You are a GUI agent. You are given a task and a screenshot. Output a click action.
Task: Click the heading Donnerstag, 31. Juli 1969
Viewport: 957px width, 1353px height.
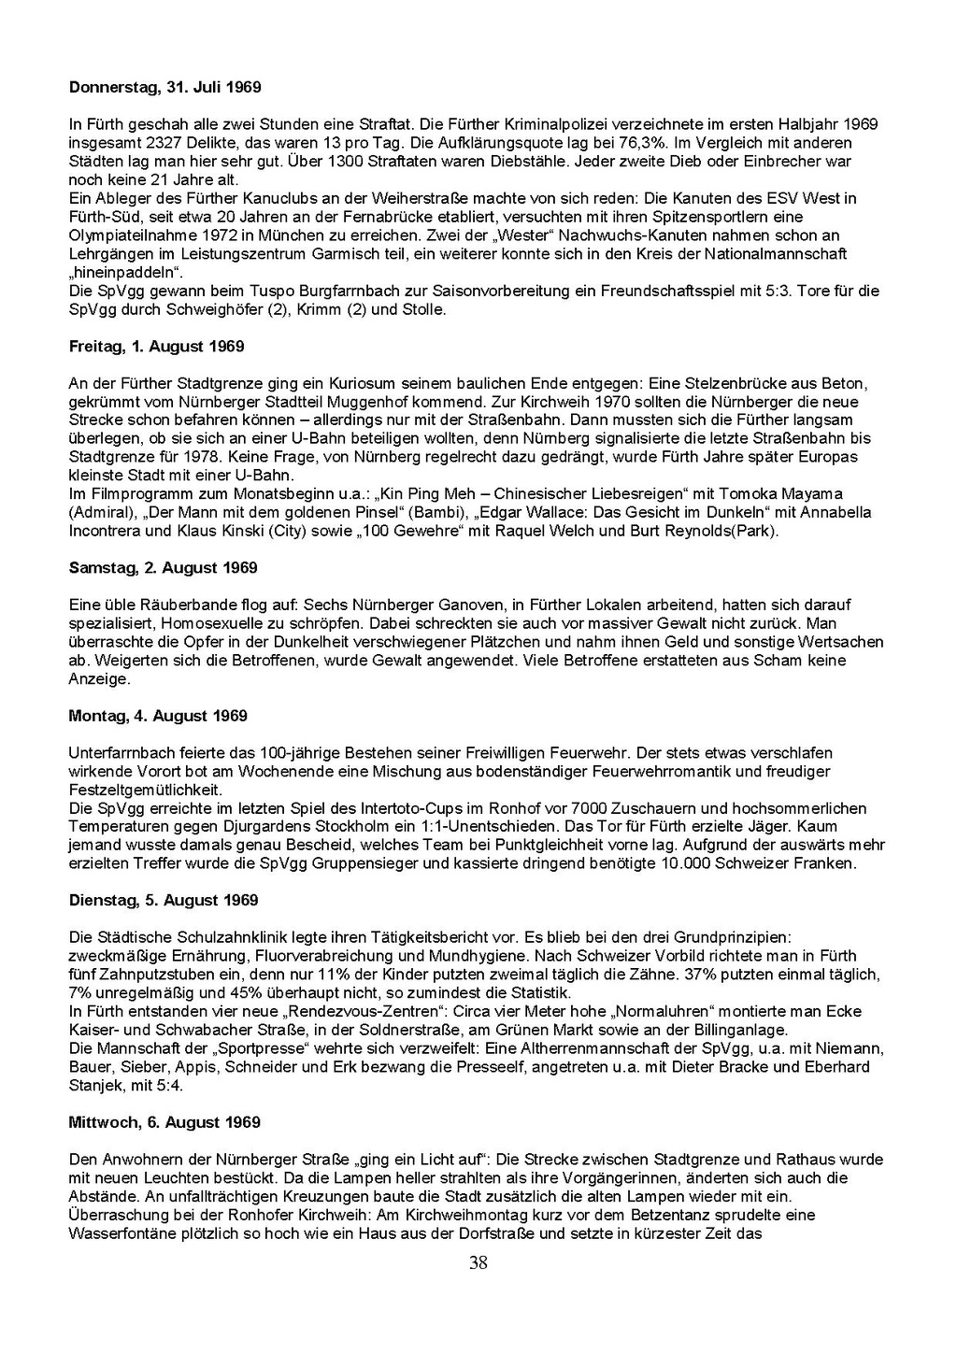[164, 88]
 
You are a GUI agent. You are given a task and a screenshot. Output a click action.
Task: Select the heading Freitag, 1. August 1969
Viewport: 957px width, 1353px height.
[156, 347]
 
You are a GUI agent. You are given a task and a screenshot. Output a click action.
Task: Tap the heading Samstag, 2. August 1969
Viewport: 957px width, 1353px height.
[163, 568]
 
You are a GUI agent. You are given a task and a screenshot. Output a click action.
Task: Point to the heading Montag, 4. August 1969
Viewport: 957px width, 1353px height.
[158, 716]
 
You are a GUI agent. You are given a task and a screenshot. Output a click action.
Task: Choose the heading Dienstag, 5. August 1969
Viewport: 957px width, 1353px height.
[163, 901]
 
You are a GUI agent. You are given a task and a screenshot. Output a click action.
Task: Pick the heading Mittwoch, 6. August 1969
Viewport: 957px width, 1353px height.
[164, 1122]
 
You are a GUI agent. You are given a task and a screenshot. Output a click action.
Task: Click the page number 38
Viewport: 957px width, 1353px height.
[478, 1264]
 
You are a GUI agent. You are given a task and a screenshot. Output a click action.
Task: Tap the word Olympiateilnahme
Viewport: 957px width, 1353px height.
[127, 235]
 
